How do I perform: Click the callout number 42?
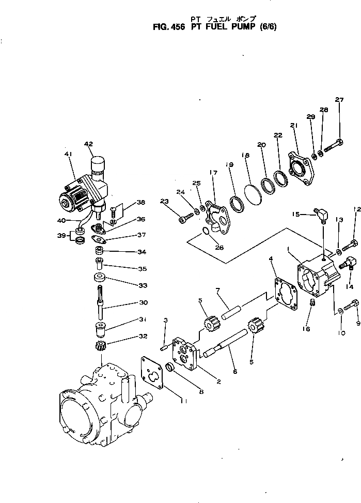(x=88, y=144)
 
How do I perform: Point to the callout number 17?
(x=213, y=173)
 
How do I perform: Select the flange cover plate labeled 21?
(x=301, y=166)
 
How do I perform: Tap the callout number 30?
(x=129, y=303)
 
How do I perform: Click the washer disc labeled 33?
(x=100, y=278)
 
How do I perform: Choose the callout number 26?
(x=219, y=247)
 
